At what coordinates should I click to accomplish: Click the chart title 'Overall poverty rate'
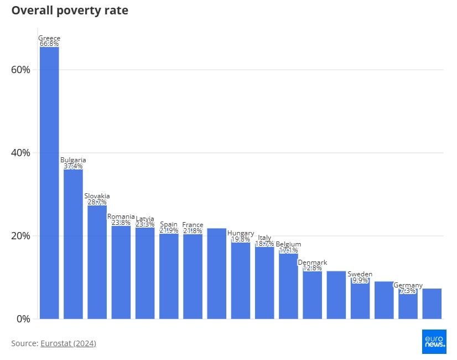tap(70, 11)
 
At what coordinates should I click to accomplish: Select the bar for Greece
tap(49, 183)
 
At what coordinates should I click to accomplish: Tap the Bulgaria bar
tap(73, 244)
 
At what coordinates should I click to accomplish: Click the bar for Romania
tap(121, 272)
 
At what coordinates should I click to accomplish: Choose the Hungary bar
tap(241, 280)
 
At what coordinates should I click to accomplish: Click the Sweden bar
tap(360, 301)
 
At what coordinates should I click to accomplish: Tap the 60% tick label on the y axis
tap(20, 70)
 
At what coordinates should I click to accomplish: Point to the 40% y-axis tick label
tap(20, 153)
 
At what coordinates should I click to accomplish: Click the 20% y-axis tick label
tap(20, 236)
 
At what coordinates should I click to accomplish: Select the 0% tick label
tap(23, 319)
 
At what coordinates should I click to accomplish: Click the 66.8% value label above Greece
tap(49, 44)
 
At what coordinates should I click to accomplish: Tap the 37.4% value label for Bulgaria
tap(73, 166)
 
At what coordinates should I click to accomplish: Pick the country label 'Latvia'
tap(145, 219)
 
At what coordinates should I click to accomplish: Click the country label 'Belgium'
tap(288, 244)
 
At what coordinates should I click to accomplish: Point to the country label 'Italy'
tap(264, 238)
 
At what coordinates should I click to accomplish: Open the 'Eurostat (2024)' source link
tap(68, 343)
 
